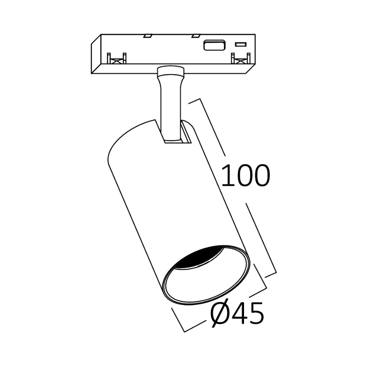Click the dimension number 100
point(246,175)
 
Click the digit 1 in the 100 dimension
point(227,175)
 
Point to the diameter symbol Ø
point(220,314)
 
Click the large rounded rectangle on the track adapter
point(214,45)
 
